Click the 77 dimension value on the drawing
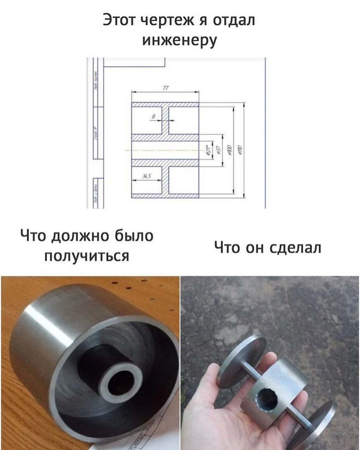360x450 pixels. click(x=166, y=87)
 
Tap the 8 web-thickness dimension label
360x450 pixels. click(x=153, y=117)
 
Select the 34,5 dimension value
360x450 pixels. click(x=146, y=176)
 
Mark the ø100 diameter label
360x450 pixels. click(x=229, y=150)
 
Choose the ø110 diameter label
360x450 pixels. click(x=240, y=150)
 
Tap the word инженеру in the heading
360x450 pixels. click(x=180, y=40)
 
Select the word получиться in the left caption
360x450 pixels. click(x=86, y=256)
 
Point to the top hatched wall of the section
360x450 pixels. click(x=165, y=105)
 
